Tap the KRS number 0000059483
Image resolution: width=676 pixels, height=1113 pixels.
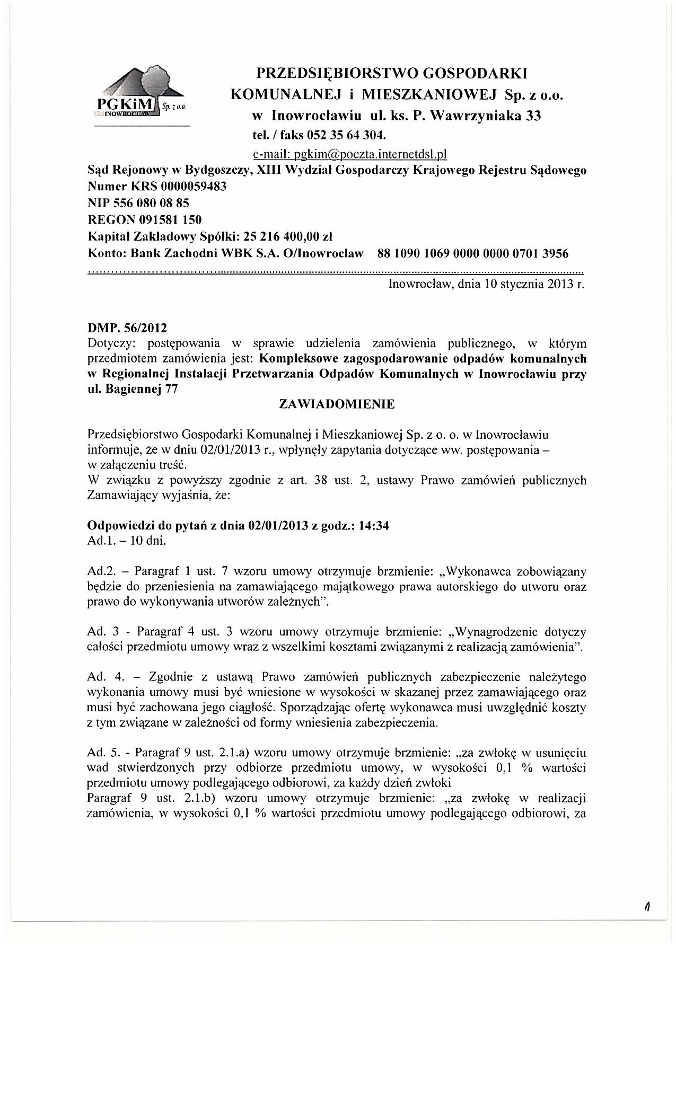point(182,187)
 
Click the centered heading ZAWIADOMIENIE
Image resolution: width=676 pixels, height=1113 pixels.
point(337,404)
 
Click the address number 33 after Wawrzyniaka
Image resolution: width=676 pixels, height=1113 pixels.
point(532,116)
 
